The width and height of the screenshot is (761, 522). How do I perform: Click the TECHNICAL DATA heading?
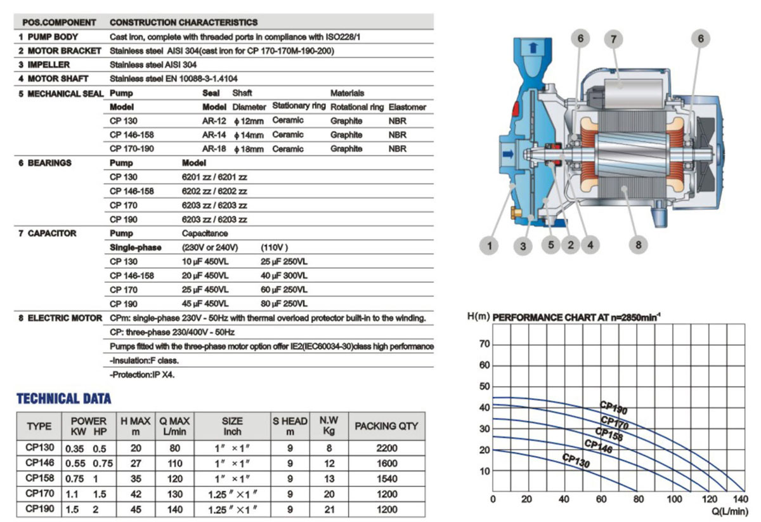(63, 399)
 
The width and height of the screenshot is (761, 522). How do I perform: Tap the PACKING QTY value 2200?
(386, 448)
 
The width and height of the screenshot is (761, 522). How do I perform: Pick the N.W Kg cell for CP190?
(328, 509)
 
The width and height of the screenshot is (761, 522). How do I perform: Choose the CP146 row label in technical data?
(39, 463)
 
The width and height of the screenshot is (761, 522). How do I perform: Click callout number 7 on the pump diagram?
(613, 39)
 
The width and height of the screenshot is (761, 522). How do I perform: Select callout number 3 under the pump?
(523, 246)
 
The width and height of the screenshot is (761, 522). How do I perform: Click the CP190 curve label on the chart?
(613, 407)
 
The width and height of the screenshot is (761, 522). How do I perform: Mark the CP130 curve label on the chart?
(576, 461)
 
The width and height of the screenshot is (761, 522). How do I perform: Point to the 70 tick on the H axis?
(484, 344)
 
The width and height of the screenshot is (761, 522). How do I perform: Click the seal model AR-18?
(214, 149)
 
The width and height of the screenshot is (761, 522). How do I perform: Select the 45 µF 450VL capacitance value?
(205, 304)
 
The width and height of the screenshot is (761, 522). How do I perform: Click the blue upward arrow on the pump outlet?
(531, 47)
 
